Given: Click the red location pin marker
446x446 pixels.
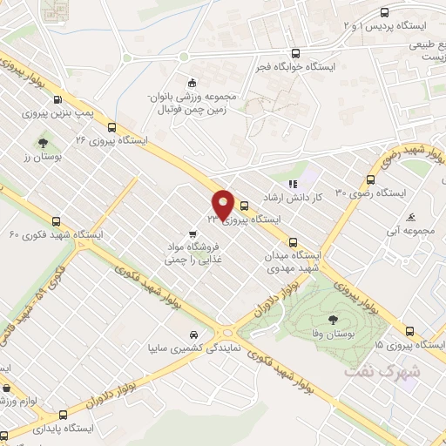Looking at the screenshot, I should pyautogui.click(x=224, y=204).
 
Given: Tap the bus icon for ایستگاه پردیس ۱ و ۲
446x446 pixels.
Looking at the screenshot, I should pyautogui.click(x=384, y=12).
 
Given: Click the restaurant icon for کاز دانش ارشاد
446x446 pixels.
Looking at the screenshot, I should pyautogui.click(x=294, y=184).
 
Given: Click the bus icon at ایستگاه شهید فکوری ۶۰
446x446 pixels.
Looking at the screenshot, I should pyautogui.click(x=57, y=221).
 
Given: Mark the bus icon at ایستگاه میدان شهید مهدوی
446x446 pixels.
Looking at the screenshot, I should pyautogui.click(x=293, y=243).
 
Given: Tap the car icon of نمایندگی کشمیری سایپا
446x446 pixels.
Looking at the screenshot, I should pyautogui.click(x=197, y=334).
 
